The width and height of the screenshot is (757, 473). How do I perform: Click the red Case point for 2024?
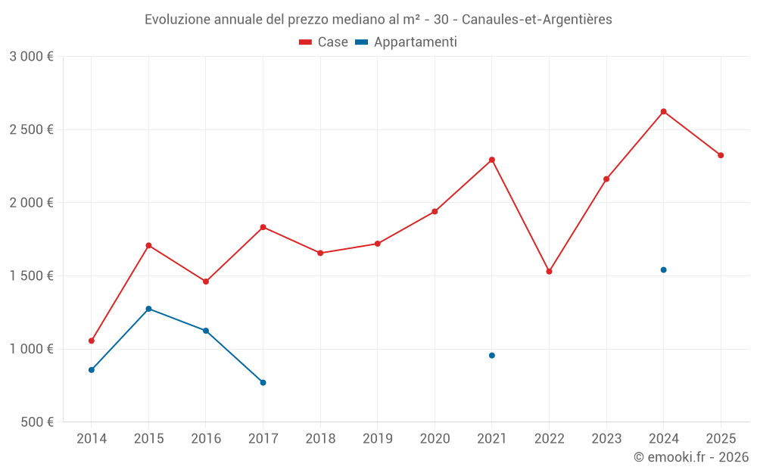[663, 111]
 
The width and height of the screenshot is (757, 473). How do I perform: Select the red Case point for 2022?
[549, 271]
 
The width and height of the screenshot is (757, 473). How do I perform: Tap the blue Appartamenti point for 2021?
[492, 355]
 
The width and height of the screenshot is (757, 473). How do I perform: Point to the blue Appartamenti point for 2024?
[663, 269]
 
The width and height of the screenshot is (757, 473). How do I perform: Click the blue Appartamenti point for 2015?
[148, 309]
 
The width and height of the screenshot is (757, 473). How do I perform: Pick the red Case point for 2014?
[92, 341]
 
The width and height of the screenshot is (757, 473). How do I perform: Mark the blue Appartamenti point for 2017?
[263, 382]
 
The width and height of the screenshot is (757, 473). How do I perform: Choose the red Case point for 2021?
[492, 160]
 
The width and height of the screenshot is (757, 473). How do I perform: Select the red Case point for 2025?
[721, 155]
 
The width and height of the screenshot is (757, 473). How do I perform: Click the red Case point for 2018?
[320, 253]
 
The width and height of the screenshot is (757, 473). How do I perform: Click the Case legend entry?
[324, 42]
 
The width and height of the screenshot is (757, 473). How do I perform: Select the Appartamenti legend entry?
[407, 42]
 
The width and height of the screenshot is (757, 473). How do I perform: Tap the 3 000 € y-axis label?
[31, 57]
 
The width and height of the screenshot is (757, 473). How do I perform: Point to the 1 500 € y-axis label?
[31, 276]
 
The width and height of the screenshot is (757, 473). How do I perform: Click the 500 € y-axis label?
[36, 422]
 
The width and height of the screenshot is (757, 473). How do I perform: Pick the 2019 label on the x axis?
[377, 438]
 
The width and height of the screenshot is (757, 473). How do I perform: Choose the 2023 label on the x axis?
[606, 438]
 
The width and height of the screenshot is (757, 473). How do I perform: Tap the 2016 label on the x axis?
[206, 438]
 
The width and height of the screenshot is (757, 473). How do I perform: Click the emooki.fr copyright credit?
[691, 457]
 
